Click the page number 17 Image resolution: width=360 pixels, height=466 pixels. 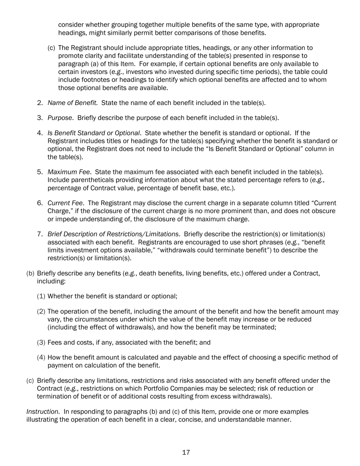(186, 452)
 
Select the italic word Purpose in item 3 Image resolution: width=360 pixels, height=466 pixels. (59, 118)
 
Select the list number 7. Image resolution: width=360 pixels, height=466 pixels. (40, 234)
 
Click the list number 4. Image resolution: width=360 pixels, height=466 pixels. (40, 133)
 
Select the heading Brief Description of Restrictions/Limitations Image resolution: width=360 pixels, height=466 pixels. (113, 234)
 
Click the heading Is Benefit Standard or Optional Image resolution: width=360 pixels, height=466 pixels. (94, 133)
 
